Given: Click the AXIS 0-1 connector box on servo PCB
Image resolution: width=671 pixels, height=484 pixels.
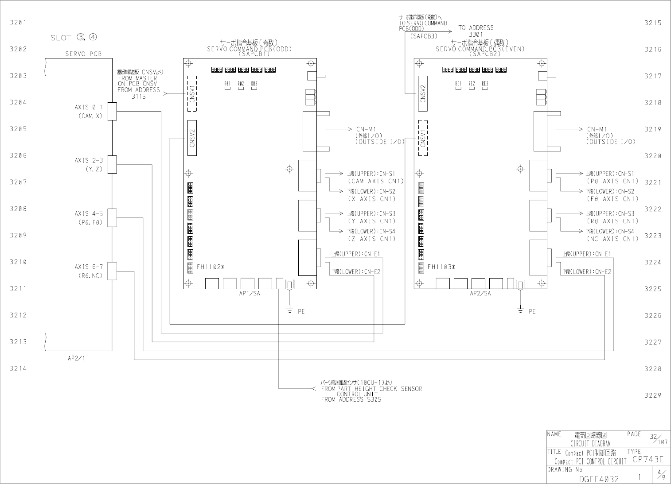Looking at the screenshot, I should pyautogui.click(x=112, y=111).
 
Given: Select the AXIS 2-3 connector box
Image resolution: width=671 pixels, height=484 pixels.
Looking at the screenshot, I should pyautogui.click(x=112, y=164).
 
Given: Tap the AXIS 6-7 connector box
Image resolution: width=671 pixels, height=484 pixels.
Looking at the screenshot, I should pyautogui.click(x=112, y=271).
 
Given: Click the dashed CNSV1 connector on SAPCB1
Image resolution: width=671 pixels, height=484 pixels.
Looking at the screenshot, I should pyautogui.click(x=192, y=93).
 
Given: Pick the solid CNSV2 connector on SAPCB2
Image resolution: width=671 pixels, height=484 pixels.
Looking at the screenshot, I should pyautogui.click(x=423, y=94).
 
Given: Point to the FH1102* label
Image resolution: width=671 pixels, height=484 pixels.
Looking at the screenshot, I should pyautogui.click(x=211, y=267).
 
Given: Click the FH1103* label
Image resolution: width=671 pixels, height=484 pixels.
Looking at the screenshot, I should pyautogui.click(x=441, y=267).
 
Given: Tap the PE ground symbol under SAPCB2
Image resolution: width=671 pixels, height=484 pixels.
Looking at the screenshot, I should pyautogui.click(x=521, y=310).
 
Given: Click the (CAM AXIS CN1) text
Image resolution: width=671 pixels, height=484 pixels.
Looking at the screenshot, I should pyautogui.click(x=376, y=181).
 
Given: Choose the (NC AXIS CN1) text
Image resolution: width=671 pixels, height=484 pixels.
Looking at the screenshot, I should pyautogui.click(x=612, y=239).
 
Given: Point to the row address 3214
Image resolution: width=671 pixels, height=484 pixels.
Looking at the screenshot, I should pyautogui.click(x=18, y=368).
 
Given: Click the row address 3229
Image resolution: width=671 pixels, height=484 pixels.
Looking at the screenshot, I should pyautogui.click(x=652, y=395).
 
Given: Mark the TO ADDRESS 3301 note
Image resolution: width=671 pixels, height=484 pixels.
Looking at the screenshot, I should pyautogui.click(x=476, y=31).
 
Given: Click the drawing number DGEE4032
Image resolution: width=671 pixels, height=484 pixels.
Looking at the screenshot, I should pyautogui.click(x=599, y=479).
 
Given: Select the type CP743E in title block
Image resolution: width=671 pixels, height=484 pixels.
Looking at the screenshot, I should pyautogui.click(x=648, y=459).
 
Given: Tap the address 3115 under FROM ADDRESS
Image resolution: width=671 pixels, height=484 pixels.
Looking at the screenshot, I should pyautogui.click(x=138, y=96).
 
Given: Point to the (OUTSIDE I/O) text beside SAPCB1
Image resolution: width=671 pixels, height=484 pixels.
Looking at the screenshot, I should pyautogui.click(x=379, y=142).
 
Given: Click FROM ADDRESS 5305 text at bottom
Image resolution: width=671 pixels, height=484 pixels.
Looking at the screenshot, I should pyautogui.click(x=351, y=399).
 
